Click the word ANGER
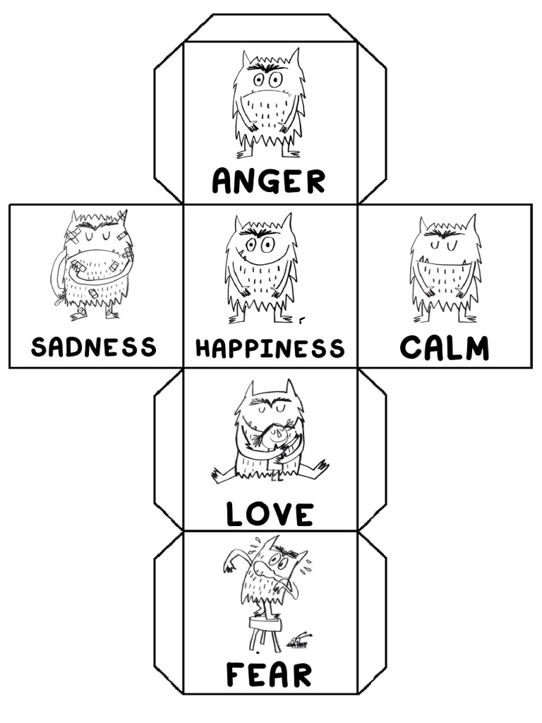coord(269,181)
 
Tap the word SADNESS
coord(94,347)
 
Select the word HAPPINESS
coord(270,348)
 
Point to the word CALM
coord(445,348)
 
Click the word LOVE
coord(270,514)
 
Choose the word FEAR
coord(269,675)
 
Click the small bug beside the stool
coord(300,640)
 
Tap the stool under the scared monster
coord(263,631)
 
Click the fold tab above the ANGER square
coord(270,28)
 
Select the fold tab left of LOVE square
coord(169,449)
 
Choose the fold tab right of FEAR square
coord(372,612)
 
